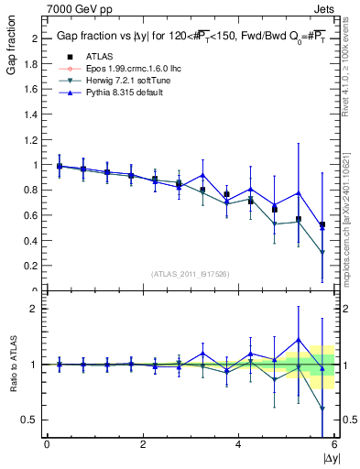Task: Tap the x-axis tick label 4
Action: [x=238, y=444]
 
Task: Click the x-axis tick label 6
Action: [x=333, y=444]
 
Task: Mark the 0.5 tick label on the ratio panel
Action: [x=31, y=420]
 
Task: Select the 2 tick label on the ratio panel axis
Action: [x=35, y=309]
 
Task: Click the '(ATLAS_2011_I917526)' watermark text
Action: [x=190, y=274]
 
